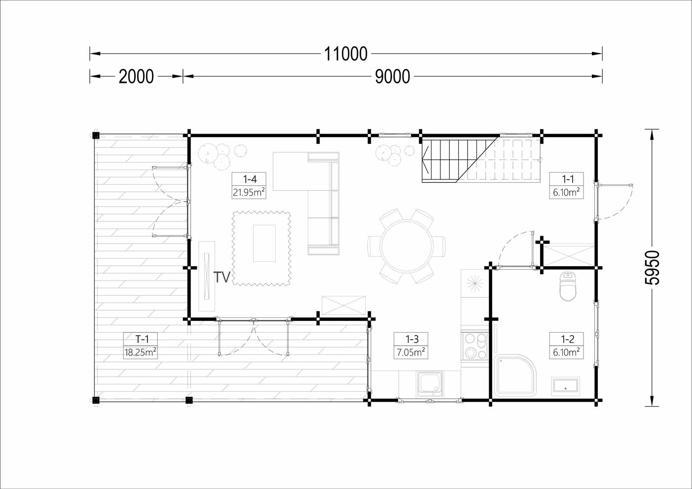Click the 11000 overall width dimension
pyautogui.click(x=346, y=54)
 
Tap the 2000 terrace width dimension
pyautogui.click(x=136, y=76)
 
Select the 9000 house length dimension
pyautogui.click(x=392, y=76)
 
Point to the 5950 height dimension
pyautogui.click(x=652, y=267)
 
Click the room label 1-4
pyautogui.click(x=250, y=179)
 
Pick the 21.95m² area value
pyautogui.click(x=249, y=192)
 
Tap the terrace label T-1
pyautogui.click(x=142, y=339)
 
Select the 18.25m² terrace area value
pyautogui.click(x=140, y=352)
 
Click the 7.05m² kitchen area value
pyautogui.click(x=411, y=352)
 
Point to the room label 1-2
pyautogui.click(x=568, y=339)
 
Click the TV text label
pyautogui.click(x=222, y=277)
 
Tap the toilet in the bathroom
pyautogui.click(x=568, y=286)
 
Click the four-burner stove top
pyautogui.click(x=474, y=346)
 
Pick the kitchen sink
pyautogui.click(x=430, y=384)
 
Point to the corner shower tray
pyautogui.click(x=515, y=376)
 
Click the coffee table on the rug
pyautogui.click(x=264, y=243)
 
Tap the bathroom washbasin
pyautogui.click(x=565, y=386)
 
